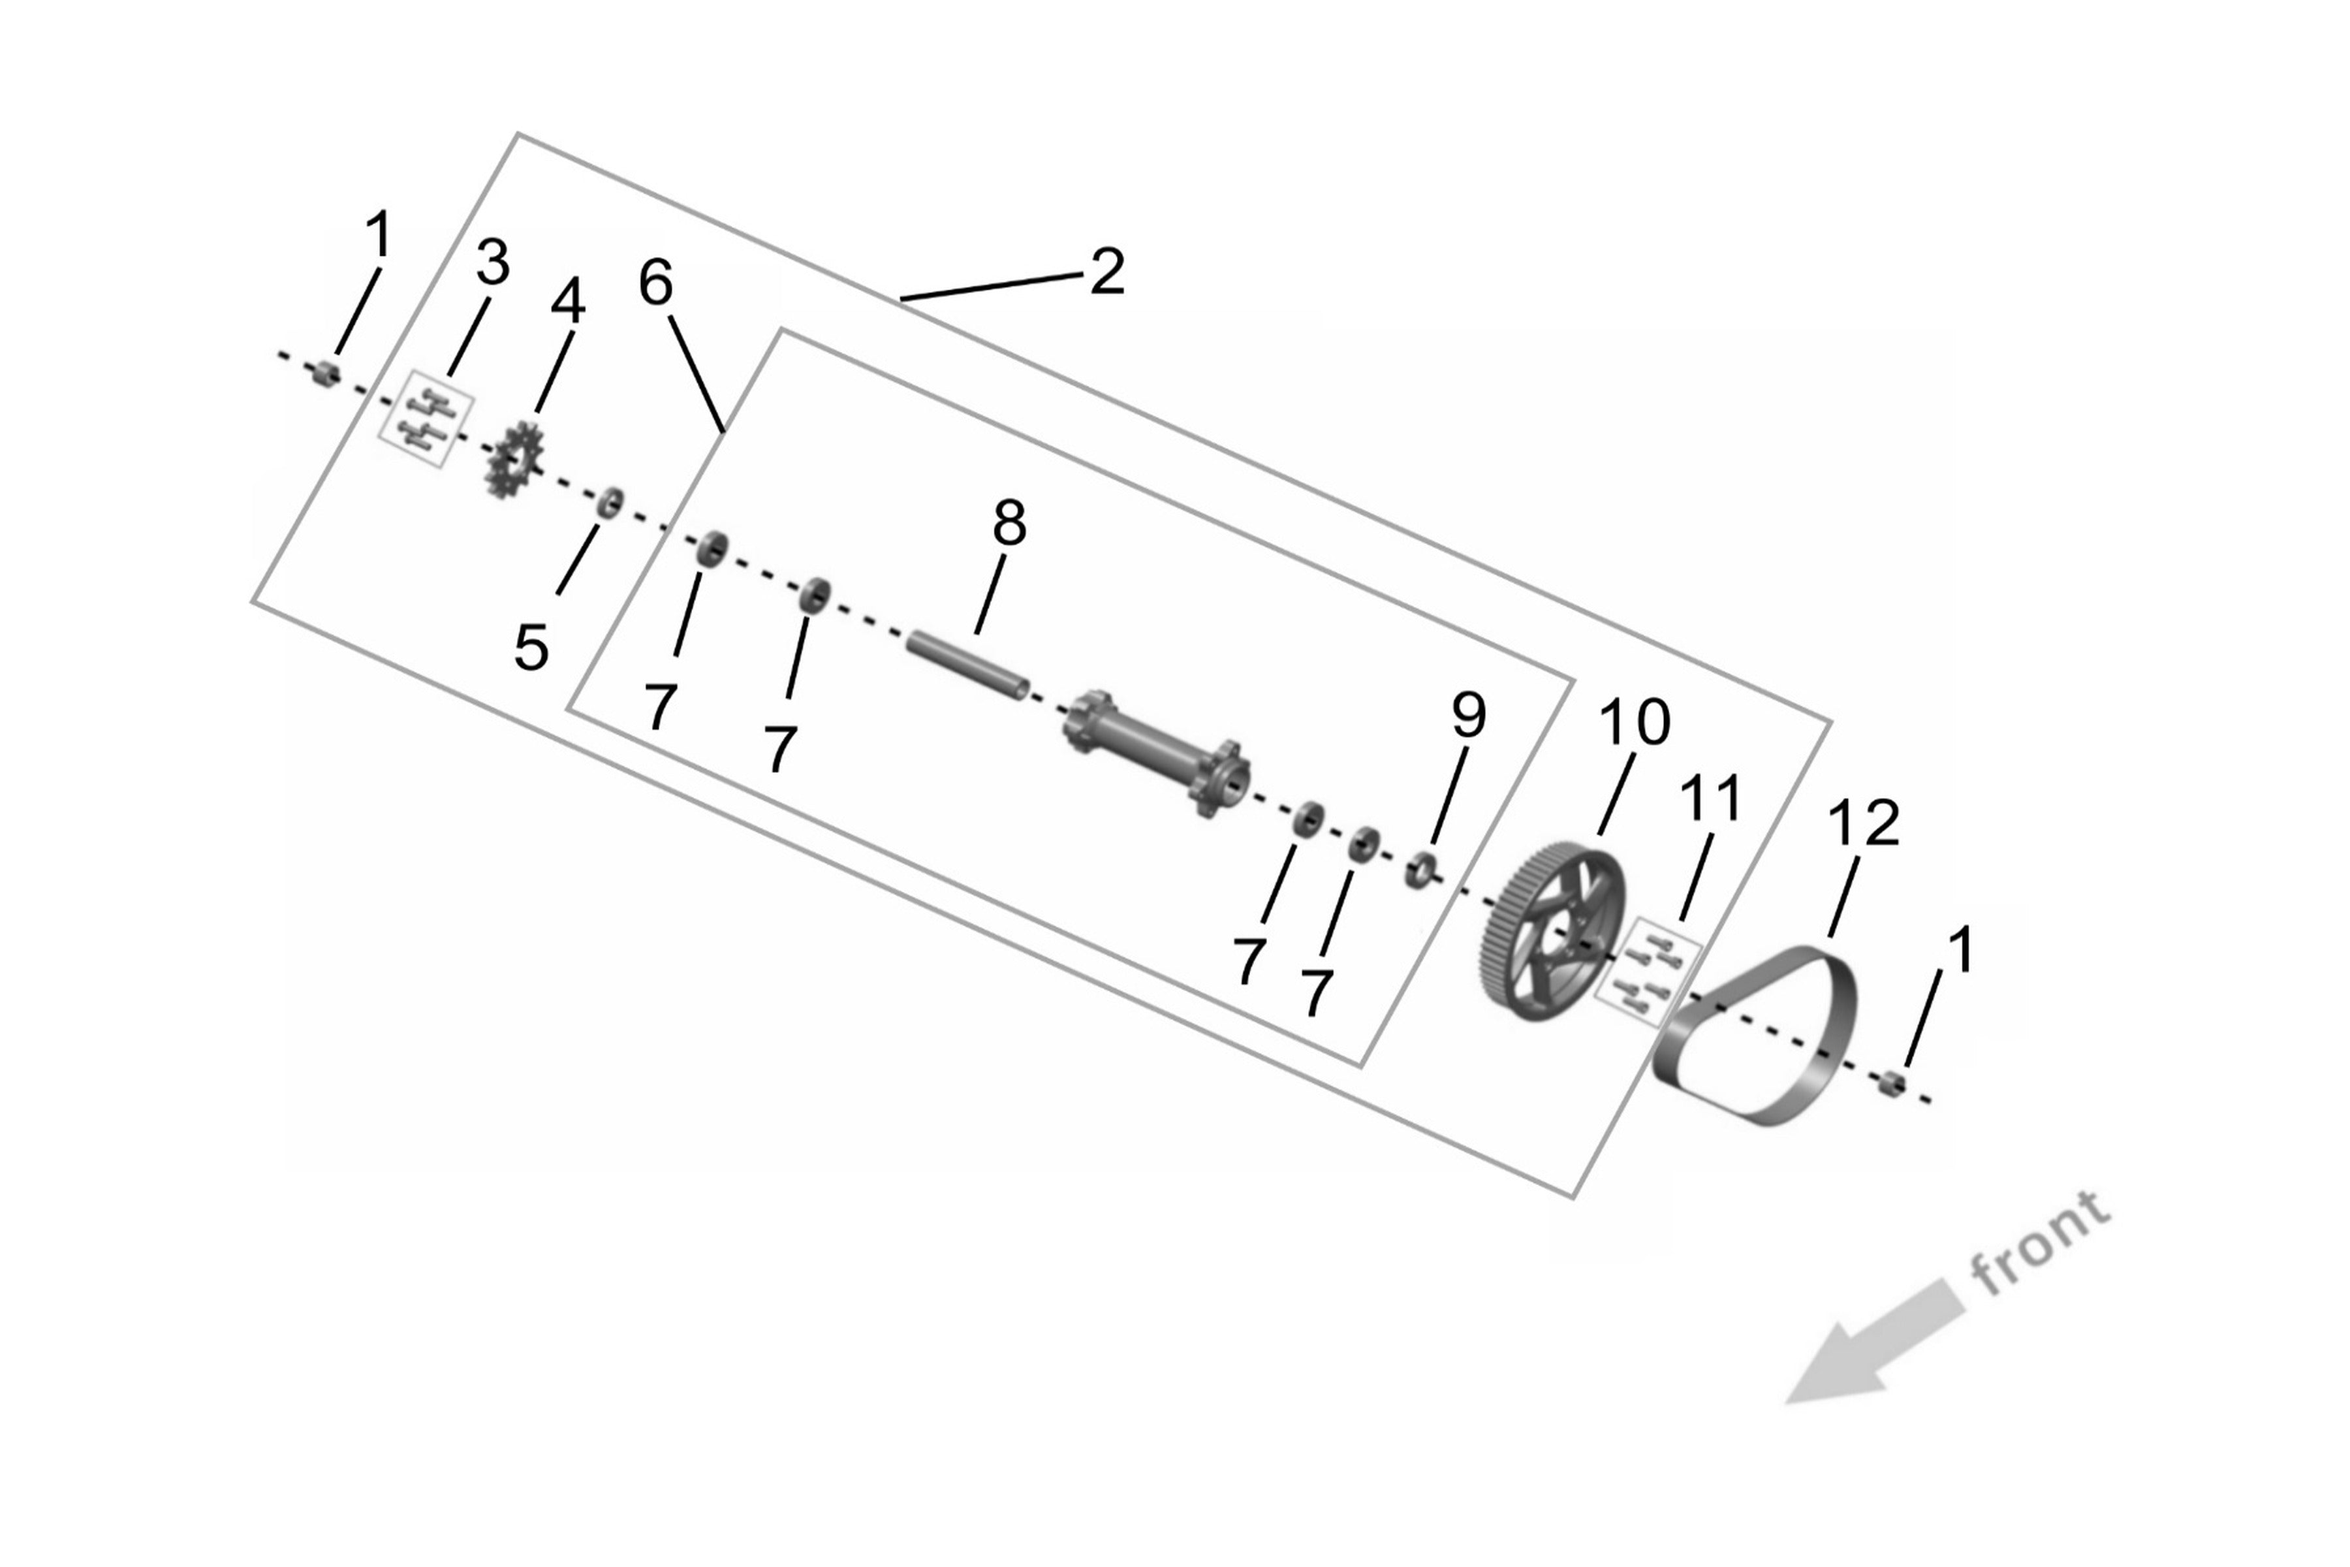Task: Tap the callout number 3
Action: point(493,263)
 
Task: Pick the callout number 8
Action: point(1009,523)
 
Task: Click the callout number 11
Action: point(1712,799)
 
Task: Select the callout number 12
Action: point(1864,823)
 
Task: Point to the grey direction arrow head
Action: point(1828,1370)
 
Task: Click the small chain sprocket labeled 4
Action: point(514,461)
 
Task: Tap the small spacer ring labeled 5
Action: point(610,503)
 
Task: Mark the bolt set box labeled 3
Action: point(428,419)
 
